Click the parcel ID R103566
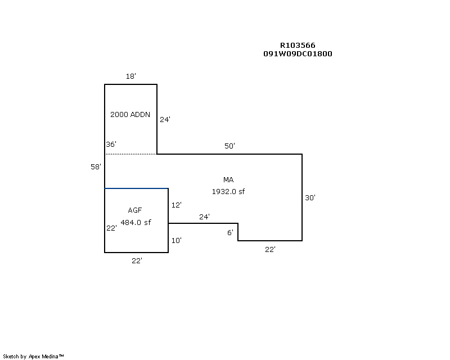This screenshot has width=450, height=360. tap(298, 46)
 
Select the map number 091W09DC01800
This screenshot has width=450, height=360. tap(298, 54)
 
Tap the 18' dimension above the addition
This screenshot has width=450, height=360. tap(130, 76)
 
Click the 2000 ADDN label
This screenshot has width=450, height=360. tap(130, 115)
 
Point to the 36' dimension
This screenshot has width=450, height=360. tap(111, 145)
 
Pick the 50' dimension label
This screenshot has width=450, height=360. tap(229, 146)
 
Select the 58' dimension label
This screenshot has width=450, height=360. tap(96, 167)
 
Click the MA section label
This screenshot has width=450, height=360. tap(228, 180)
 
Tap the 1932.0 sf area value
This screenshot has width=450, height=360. tap(228, 191)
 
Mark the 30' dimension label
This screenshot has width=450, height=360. tap(310, 198)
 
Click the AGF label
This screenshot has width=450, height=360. tap(135, 210)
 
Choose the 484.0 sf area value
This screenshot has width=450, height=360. tap(136, 222)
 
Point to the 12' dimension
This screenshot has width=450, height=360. tap(176, 205)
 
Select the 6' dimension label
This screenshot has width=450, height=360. tap(230, 232)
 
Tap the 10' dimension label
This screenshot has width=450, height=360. tap(176, 241)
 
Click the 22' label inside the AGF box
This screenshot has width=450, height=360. tap(111, 228)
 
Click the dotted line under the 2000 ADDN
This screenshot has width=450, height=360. tap(130, 154)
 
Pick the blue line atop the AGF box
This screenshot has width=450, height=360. tap(136, 188)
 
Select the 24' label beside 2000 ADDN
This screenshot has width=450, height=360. tap(165, 119)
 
